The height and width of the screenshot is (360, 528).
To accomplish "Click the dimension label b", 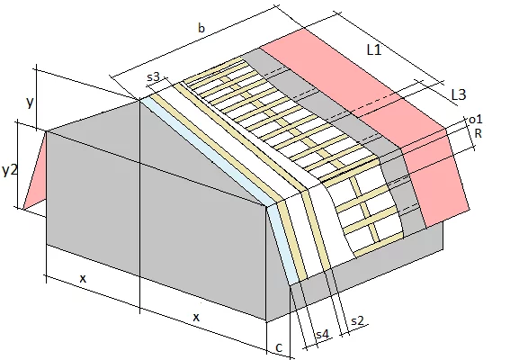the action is tap(201, 28).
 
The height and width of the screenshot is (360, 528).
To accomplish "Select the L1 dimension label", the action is tap(374, 50).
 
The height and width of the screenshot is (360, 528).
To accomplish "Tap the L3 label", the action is tap(459, 94).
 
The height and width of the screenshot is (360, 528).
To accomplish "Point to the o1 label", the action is tap(476, 119).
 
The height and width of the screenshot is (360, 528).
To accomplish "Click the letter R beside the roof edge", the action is tap(478, 133).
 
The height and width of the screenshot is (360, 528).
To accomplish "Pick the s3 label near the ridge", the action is tap(153, 77).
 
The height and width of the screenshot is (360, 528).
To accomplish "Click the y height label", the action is tap(30, 102).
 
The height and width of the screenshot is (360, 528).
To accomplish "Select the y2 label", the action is tap(9, 170).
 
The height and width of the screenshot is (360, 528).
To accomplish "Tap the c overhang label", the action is tap(279, 347).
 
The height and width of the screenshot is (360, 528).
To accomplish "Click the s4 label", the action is tap(322, 334).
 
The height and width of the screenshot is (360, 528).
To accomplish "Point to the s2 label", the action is tap(357, 320).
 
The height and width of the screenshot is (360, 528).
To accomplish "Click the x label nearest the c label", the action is tap(196, 317).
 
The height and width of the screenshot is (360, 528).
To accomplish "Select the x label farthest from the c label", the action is tap(83, 278).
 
